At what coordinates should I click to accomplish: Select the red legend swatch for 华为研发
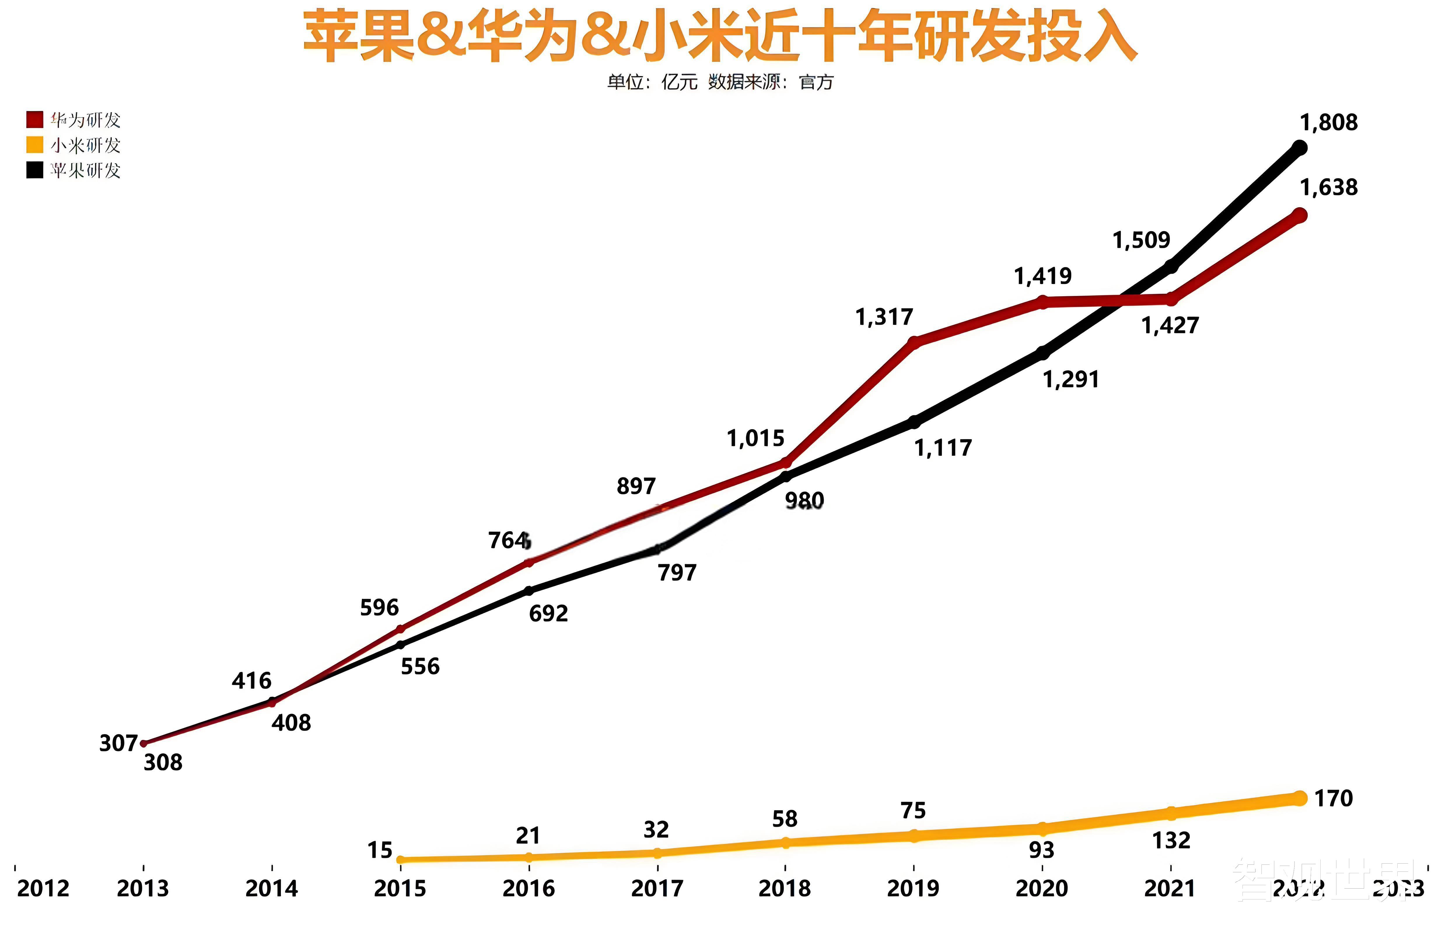pos(34,119)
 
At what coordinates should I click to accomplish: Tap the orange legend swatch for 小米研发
pos(34,145)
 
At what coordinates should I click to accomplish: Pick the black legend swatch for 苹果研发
pos(34,170)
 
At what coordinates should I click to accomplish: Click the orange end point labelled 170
pos(1299,799)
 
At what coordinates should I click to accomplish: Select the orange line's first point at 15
pos(400,859)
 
